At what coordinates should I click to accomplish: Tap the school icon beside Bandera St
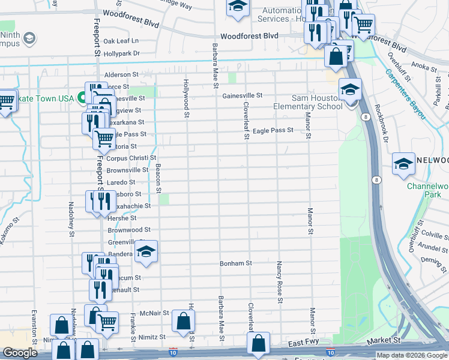click(145, 253)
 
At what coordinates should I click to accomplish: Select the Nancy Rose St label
click(280, 283)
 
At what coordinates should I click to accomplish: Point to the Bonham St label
click(235, 263)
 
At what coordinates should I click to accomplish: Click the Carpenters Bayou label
click(405, 94)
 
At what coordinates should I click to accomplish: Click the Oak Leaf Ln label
click(121, 41)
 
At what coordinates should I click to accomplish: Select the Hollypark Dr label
click(121, 53)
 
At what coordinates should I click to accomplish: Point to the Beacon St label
click(158, 179)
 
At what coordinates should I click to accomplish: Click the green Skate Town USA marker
click(83, 98)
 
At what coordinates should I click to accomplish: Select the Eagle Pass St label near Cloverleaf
click(273, 130)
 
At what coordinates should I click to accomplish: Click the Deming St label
click(432, 260)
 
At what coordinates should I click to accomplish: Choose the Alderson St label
click(121, 75)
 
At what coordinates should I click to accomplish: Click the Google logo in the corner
click(20, 353)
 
